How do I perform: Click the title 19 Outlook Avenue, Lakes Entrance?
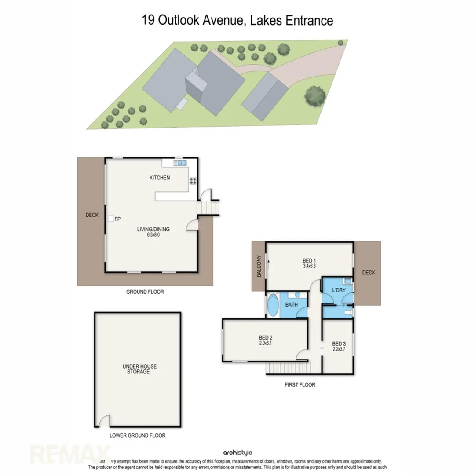coord(237,20)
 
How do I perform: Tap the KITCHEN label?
coord(160,178)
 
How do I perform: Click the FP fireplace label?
coord(117,218)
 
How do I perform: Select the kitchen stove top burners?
coord(192,180)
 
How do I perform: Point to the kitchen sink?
coord(181,163)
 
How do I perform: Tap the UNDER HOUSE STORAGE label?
coord(139,369)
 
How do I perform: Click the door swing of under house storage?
coord(104,421)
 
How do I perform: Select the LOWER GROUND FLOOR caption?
coord(138,435)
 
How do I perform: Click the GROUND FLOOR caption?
coord(145,292)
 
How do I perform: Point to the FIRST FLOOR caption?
coord(300,384)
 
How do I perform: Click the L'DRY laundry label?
coord(339,290)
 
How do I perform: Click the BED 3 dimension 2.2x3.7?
coord(338,350)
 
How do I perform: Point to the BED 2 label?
coord(265,338)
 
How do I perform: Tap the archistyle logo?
coord(237,452)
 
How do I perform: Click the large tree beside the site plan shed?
coord(315,95)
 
